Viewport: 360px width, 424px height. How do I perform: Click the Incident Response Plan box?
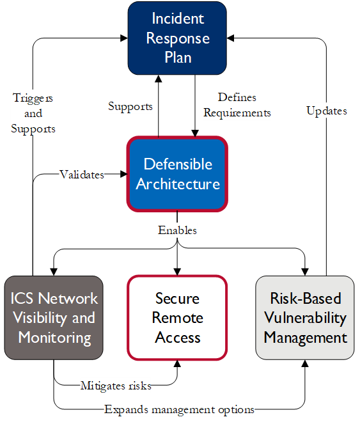pos(177,38)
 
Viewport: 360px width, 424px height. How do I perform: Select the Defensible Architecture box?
pos(177,174)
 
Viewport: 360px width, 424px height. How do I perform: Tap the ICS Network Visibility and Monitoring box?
pos(54,318)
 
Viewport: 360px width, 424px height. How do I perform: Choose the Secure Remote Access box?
pos(177,318)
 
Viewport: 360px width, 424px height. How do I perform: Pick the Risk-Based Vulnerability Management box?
pos(305,318)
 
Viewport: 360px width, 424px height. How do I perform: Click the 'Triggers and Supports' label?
pos(33,113)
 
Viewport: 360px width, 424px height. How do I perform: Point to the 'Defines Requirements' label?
pos(237,105)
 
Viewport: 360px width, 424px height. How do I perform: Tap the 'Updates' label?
pos(326,111)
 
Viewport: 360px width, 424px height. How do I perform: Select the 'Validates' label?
pos(82,174)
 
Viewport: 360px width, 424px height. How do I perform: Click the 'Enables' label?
pos(177,230)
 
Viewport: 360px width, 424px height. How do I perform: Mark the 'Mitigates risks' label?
pos(116,386)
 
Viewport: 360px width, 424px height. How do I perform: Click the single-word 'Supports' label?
pos(130,106)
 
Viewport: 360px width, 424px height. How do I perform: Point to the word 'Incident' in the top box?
pos(177,19)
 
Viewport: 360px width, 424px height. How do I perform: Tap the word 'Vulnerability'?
pos(305,318)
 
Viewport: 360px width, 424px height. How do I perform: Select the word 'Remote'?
pos(177,318)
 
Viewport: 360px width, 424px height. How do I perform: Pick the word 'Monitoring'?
pos(54,338)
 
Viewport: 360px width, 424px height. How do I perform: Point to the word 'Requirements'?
pos(237,113)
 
